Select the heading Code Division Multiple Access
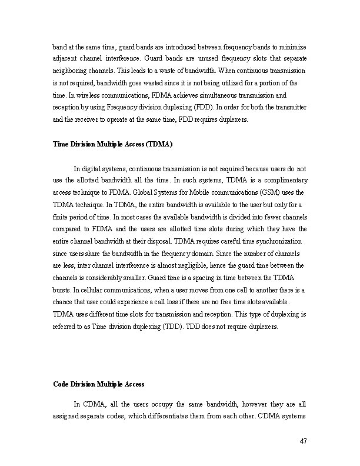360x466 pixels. point(99,384)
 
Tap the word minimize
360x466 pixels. point(293,46)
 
